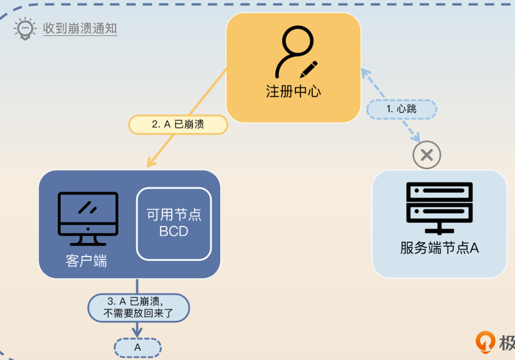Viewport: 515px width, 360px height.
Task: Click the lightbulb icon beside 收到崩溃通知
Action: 24,29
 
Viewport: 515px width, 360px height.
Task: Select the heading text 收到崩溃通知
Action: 80,28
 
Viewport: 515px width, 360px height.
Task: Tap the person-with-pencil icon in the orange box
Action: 295,53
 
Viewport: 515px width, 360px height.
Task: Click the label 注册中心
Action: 293,91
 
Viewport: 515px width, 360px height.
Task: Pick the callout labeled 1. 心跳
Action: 402,109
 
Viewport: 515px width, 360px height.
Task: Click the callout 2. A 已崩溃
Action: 178,124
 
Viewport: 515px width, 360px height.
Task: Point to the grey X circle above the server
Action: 427,155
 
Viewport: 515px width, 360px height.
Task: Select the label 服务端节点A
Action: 439,248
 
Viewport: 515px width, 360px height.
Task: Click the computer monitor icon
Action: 88,218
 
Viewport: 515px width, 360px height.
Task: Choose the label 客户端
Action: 86,261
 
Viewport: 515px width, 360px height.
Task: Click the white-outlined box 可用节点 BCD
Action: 174,223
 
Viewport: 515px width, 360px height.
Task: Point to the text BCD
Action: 174,231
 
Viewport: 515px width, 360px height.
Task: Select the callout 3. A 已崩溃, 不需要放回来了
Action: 138,308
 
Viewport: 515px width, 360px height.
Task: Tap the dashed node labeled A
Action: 137,347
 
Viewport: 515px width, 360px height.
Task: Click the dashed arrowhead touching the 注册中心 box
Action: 365,72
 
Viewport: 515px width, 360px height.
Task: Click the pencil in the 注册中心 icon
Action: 308,69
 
